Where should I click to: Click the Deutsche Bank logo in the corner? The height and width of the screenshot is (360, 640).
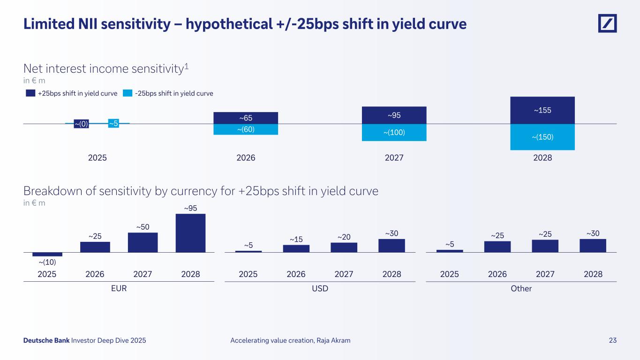click(x=607, y=23)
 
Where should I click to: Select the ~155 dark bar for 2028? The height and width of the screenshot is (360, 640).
click(x=542, y=110)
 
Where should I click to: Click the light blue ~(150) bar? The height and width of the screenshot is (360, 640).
click(x=542, y=137)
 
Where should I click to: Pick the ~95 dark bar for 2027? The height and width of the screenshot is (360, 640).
click(x=394, y=115)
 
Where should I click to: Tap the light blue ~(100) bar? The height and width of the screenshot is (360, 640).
click(x=394, y=133)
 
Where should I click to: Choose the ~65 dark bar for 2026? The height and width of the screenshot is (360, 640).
click(x=246, y=118)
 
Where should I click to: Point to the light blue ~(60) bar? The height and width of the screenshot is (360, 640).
click(x=246, y=129)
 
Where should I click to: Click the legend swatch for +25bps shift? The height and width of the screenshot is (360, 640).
click(x=30, y=93)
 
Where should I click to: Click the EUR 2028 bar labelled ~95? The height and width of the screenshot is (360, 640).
click(x=190, y=233)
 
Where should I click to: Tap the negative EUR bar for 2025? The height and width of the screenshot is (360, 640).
click(x=47, y=254)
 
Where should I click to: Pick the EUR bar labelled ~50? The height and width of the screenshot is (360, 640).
click(x=143, y=242)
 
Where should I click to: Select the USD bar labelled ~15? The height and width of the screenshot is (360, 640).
click(x=296, y=248)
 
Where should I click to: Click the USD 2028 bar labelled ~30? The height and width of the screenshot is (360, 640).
click(x=392, y=246)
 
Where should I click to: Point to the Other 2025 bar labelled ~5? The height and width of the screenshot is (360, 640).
click(x=450, y=251)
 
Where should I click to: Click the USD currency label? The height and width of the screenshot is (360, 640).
click(x=320, y=289)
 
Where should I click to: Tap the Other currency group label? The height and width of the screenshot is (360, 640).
click(x=521, y=289)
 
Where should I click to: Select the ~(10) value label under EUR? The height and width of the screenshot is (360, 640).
click(x=47, y=262)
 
